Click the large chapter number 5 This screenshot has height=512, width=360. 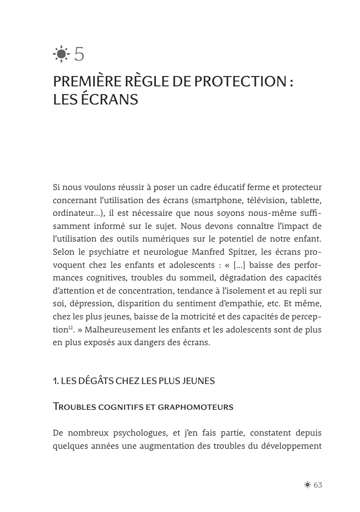click(x=79, y=55)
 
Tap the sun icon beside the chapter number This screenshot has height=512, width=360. click(x=61, y=55)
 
